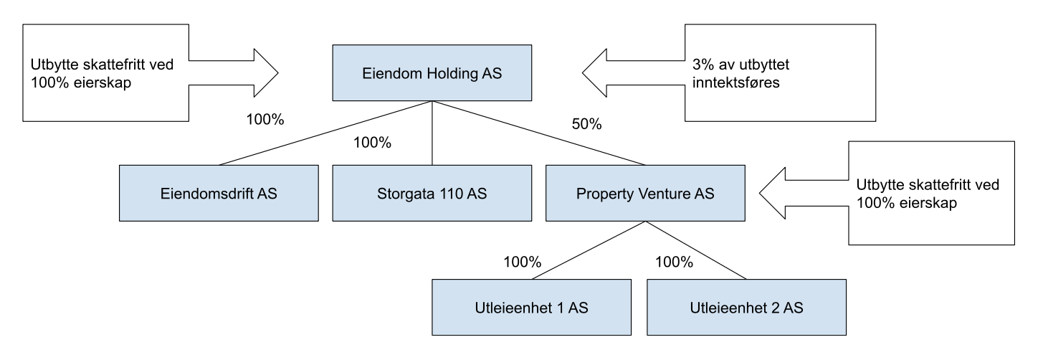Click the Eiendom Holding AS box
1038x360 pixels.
[x=432, y=72]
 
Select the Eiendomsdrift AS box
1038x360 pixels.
[x=219, y=193]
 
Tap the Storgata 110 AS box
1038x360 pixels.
[x=432, y=193]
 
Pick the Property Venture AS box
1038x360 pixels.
[x=645, y=193]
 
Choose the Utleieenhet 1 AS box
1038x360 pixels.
[x=531, y=307]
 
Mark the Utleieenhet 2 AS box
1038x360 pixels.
[x=746, y=307]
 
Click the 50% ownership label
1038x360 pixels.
[x=586, y=124]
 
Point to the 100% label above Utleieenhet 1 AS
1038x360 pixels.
[x=523, y=262]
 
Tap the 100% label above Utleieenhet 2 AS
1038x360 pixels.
[x=674, y=262]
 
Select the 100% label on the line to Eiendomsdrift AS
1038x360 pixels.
[x=265, y=119]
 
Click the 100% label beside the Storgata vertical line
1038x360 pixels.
[x=372, y=142]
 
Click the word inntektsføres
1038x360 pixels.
[x=736, y=82]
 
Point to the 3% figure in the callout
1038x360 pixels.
[x=703, y=65]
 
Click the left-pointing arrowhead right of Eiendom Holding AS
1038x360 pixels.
[x=595, y=72]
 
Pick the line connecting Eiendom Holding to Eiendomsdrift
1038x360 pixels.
[x=325, y=133]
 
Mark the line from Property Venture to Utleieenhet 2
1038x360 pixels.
[x=696, y=250]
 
